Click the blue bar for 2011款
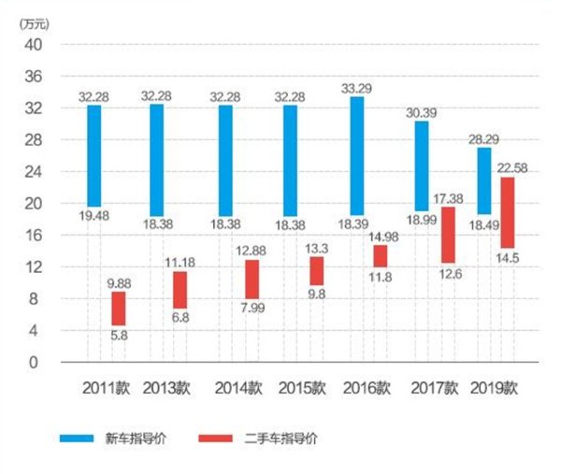[x=94, y=155]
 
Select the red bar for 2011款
[x=119, y=308]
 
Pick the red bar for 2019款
[x=508, y=212]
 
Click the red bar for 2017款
[x=448, y=236]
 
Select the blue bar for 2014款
[x=226, y=160]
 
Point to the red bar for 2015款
[x=317, y=270]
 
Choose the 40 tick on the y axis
[x=34, y=45]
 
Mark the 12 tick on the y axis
[x=34, y=267]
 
